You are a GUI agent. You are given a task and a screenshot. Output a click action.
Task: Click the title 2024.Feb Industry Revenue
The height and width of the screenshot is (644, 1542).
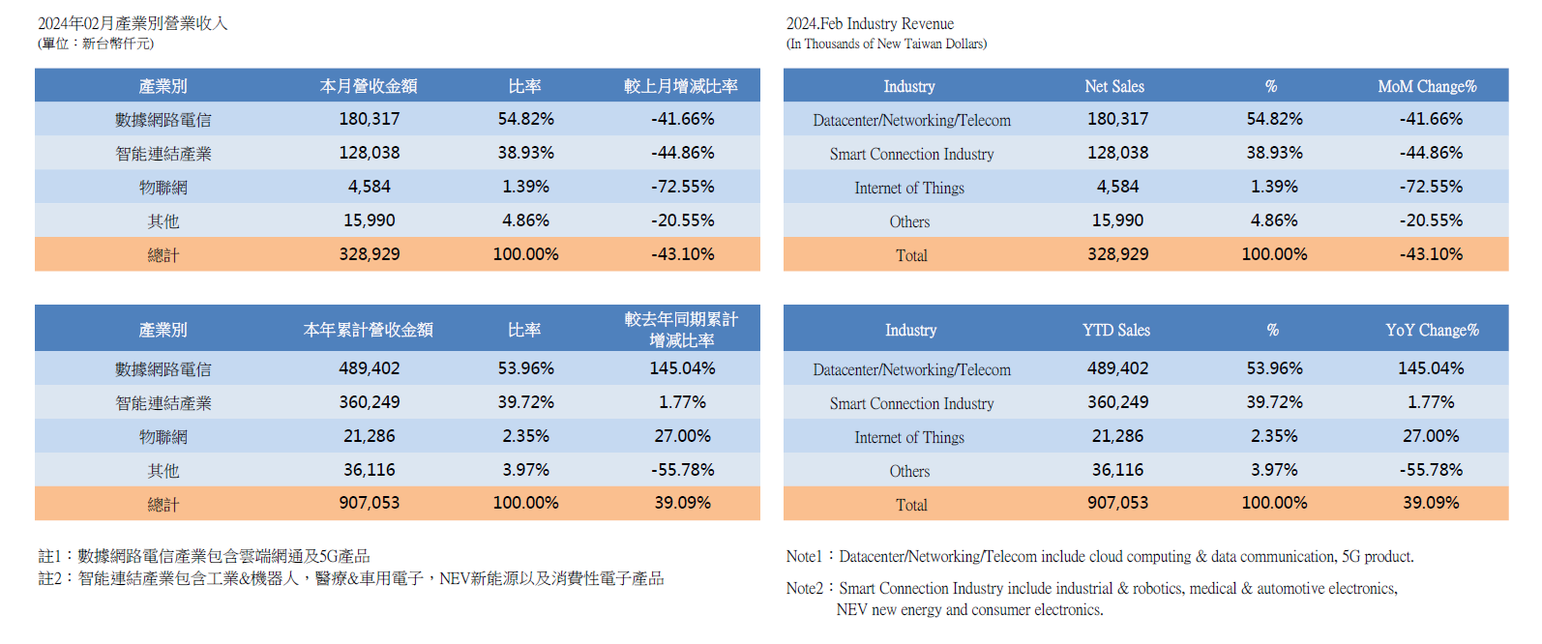tap(870, 23)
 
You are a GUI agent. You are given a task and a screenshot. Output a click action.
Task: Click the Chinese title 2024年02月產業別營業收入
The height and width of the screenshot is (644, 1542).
tap(133, 23)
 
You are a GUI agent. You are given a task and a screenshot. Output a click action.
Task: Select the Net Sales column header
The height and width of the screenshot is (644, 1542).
tap(1114, 86)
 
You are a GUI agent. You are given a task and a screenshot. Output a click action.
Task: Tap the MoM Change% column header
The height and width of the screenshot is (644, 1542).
tap(1427, 86)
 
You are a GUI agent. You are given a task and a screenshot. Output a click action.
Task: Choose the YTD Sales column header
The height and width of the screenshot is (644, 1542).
tap(1116, 330)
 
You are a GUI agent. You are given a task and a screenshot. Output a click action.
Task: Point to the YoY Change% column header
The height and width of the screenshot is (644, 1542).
tap(1432, 330)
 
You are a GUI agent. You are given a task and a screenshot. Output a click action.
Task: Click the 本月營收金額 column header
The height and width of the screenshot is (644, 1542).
tap(369, 86)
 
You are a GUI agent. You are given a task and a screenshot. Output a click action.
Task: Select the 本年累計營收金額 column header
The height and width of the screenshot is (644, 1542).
tap(369, 330)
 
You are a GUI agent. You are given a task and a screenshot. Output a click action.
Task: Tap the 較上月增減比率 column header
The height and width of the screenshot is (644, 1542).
tap(681, 86)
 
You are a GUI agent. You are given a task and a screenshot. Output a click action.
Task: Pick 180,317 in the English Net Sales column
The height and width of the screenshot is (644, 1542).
tap(1117, 119)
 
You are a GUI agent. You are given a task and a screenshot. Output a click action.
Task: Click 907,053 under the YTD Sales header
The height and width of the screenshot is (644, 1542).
tap(1117, 503)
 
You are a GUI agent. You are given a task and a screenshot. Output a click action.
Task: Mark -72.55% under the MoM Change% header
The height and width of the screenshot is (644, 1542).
tap(1431, 187)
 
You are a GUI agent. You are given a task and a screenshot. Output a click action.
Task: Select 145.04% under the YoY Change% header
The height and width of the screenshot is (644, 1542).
tap(1431, 368)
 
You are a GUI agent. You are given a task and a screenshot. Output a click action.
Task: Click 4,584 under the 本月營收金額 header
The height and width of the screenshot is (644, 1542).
tap(369, 187)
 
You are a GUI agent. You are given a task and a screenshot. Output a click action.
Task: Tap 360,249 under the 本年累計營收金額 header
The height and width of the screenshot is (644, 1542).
tap(369, 402)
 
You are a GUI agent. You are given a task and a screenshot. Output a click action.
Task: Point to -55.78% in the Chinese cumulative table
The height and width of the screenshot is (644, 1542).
tap(682, 470)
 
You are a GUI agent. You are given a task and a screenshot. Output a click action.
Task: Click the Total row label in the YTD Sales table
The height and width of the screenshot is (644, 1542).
tap(911, 505)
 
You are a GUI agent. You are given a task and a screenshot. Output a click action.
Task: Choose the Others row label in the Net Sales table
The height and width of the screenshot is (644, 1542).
tap(909, 221)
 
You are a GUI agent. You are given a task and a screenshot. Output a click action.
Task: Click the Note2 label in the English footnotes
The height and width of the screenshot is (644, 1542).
tap(804, 588)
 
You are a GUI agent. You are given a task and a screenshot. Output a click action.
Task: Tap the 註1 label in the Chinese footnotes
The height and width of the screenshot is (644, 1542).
tap(50, 556)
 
